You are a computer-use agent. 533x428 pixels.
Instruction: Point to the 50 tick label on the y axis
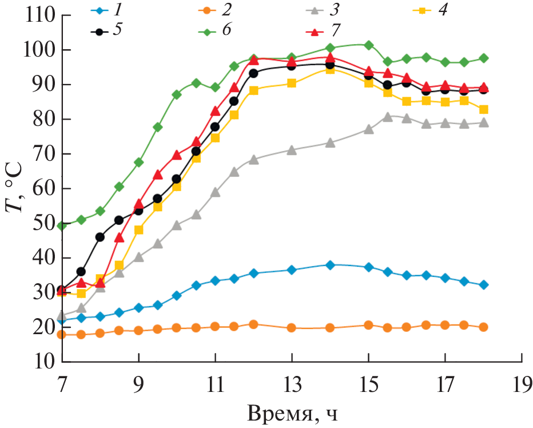(x=42, y=224)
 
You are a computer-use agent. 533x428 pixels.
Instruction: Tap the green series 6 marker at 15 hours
(x=369, y=45)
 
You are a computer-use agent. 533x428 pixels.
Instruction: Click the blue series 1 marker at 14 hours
(x=330, y=265)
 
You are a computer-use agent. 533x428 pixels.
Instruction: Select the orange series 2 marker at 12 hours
(x=253, y=324)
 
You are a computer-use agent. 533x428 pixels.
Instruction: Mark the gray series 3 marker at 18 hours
(x=483, y=122)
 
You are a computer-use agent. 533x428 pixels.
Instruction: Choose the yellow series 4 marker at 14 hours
(x=330, y=69)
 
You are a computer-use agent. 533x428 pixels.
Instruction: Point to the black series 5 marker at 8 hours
(x=100, y=237)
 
